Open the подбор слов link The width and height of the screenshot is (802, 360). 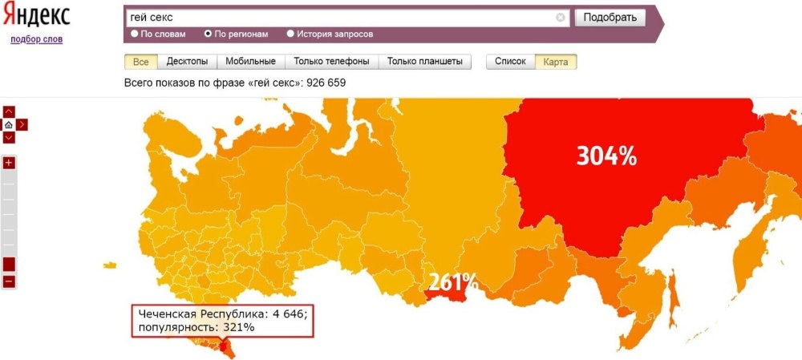click(x=36, y=39)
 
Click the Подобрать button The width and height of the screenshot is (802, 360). click(x=610, y=18)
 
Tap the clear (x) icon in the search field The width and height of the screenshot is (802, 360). click(x=561, y=18)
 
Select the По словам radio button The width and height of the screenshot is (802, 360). click(x=135, y=34)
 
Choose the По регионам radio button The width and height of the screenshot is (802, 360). click(x=209, y=34)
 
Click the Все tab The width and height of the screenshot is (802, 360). click(x=141, y=62)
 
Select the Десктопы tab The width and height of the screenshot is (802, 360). click(x=187, y=62)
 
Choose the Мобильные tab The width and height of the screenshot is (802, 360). click(x=250, y=62)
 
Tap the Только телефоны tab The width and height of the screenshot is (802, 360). click(x=331, y=62)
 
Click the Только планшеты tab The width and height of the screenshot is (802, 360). click(x=424, y=62)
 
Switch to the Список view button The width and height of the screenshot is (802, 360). click(x=510, y=62)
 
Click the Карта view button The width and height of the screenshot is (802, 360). click(x=556, y=62)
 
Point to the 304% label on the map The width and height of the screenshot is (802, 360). click(x=606, y=156)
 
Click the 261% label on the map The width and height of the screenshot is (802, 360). click(x=452, y=282)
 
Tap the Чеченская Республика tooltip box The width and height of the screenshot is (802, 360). click(x=222, y=321)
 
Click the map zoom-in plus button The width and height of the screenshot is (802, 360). click(x=9, y=163)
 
